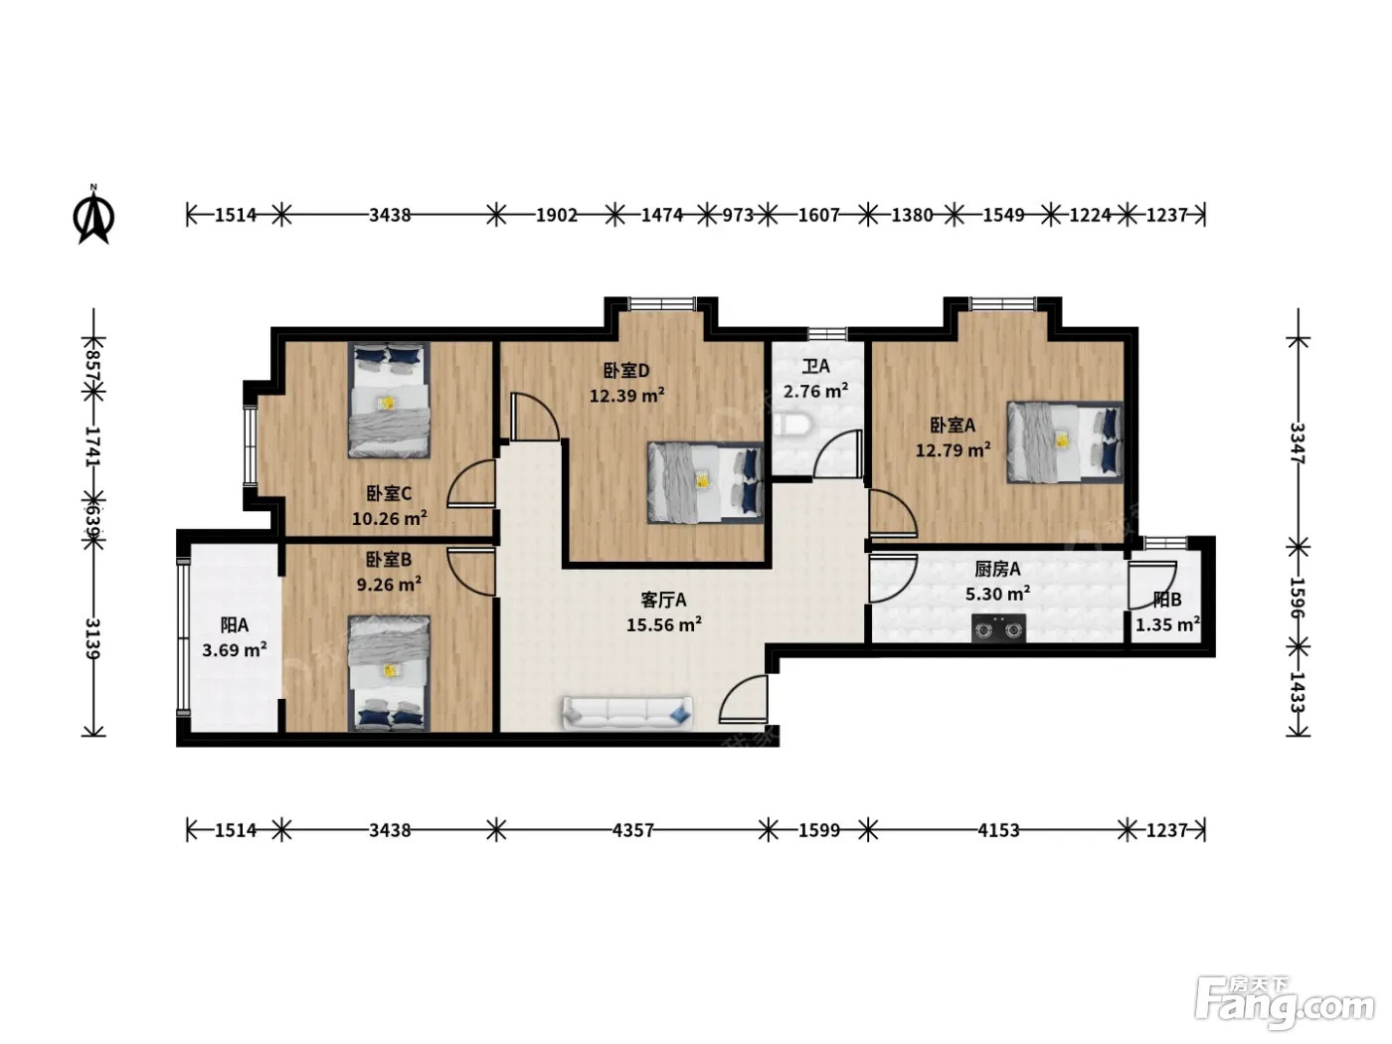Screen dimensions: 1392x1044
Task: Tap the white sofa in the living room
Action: click(626, 713)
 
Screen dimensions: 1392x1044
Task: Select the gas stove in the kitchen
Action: click(998, 628)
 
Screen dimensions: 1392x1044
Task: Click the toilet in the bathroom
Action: click(790, 426)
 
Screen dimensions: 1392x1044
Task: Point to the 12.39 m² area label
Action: click(626, 396)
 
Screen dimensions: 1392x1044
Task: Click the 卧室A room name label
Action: click(952, 425)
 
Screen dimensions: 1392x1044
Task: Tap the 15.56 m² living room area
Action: click(663, 624)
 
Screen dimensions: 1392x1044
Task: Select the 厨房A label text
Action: click(997, 569)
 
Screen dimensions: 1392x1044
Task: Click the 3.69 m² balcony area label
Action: click(234, 649)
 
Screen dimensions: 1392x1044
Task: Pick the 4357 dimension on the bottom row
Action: click(632, 830)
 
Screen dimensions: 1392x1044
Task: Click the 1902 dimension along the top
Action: click(556, 215)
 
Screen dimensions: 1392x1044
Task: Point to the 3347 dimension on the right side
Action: click(1298, 443)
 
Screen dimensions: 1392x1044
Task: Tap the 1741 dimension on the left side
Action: click(93, 446)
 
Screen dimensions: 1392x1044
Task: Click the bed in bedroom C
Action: click(389, 400)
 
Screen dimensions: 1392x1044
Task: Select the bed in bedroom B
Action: click(389, 673)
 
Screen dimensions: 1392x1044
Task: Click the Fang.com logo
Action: click(1285, 1002)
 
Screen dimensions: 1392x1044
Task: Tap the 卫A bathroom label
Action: click(815, 366)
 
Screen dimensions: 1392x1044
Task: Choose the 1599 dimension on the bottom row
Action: click(818, 830)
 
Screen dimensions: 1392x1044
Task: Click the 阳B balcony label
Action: click(1167, 599)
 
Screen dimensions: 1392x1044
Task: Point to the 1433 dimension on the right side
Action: click(1298, 692)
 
